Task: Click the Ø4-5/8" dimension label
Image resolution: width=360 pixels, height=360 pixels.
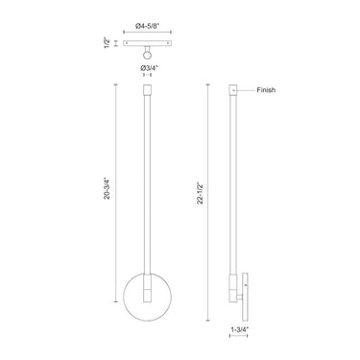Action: tap(148, 26)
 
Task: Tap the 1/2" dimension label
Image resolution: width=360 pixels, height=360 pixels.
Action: tap(108, 43)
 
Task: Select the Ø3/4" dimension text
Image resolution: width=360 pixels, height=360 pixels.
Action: tap(149, 67)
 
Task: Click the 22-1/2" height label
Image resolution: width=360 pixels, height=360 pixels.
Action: tap(201, 193)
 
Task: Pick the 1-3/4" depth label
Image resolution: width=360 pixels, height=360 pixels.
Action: tap(239, 328)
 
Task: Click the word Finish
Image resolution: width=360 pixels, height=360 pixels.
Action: tap(266, 90)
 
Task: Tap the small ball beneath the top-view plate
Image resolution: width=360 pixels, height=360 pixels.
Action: tap(148, 55)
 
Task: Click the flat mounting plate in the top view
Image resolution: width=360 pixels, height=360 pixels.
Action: tap(148, 43)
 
